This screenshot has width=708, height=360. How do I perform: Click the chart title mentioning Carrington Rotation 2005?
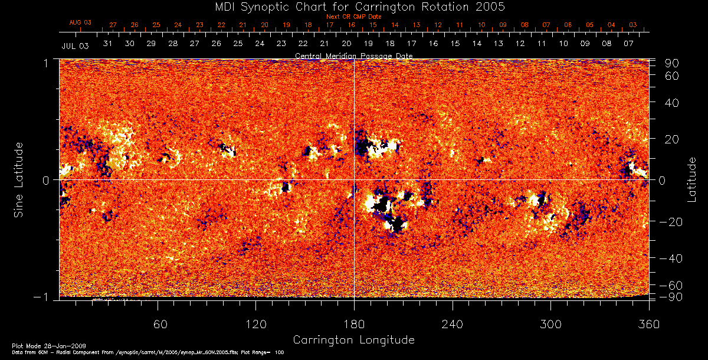click(x=353, y=6)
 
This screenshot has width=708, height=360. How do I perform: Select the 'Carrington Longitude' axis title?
click(x=353, y=340)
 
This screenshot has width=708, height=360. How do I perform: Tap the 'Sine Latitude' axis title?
click(x=19, y=179)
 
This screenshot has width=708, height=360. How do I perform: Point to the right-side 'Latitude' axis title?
click(x=692, y=179)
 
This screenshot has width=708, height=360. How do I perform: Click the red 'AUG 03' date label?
click(x=80, y=22)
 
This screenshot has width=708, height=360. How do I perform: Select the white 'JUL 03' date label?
click(x=75, y=45)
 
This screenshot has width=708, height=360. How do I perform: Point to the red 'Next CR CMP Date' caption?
click(x=353, y=17)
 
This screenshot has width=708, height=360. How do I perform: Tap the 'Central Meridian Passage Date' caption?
click(x=353, y=55)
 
